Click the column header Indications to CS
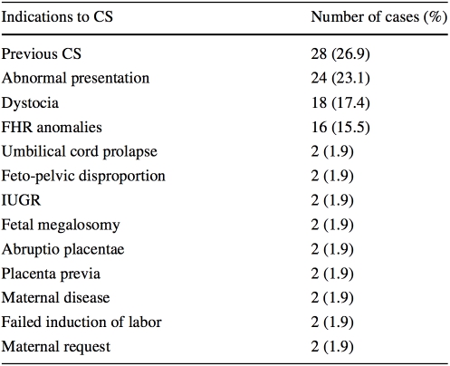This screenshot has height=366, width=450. click(x=57, y=16)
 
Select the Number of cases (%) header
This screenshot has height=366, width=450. click(x=379, y=17)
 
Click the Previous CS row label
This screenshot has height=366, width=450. click(x=42, y=54)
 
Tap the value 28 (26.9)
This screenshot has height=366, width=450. click(x=340, y=54)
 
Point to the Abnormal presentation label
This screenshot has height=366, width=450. click(x=75, y=79)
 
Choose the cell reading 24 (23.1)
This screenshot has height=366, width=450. click(x=340, y=78)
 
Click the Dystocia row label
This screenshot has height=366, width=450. click(x=30, y=103)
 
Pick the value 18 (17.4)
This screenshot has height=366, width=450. click(x=340, y=102)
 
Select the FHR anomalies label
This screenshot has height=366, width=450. click(x=52, y=127)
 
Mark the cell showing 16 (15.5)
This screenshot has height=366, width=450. click(x=340, y=127)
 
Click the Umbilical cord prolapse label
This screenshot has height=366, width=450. click(x=80, y=152)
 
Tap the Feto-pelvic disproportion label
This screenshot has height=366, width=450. click(x=83, y=177)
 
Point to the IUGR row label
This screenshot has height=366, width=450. click(x=21, y=200)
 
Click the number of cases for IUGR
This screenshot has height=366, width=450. click(x=332, y=200)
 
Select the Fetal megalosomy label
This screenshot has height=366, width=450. click(x=61, y=226)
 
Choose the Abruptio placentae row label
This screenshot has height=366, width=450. click(x=62, y=250)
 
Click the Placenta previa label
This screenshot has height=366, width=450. click(x=51, y=274)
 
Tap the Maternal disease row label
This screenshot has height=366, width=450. click(x=55, y=298)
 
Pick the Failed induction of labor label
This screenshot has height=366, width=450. click(x=81, y=323)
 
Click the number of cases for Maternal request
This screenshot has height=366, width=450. click(x=332, y=347)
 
